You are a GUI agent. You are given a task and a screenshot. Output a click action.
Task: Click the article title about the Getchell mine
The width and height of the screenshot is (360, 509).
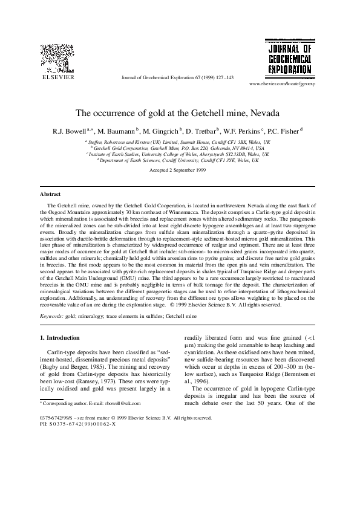tap(180, 113)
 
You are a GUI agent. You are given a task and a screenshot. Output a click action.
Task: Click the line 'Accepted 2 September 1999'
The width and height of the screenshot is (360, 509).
tap(180, 171)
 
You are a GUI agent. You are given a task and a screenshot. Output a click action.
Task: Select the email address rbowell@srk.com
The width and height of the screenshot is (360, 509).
tap(125, 402)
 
